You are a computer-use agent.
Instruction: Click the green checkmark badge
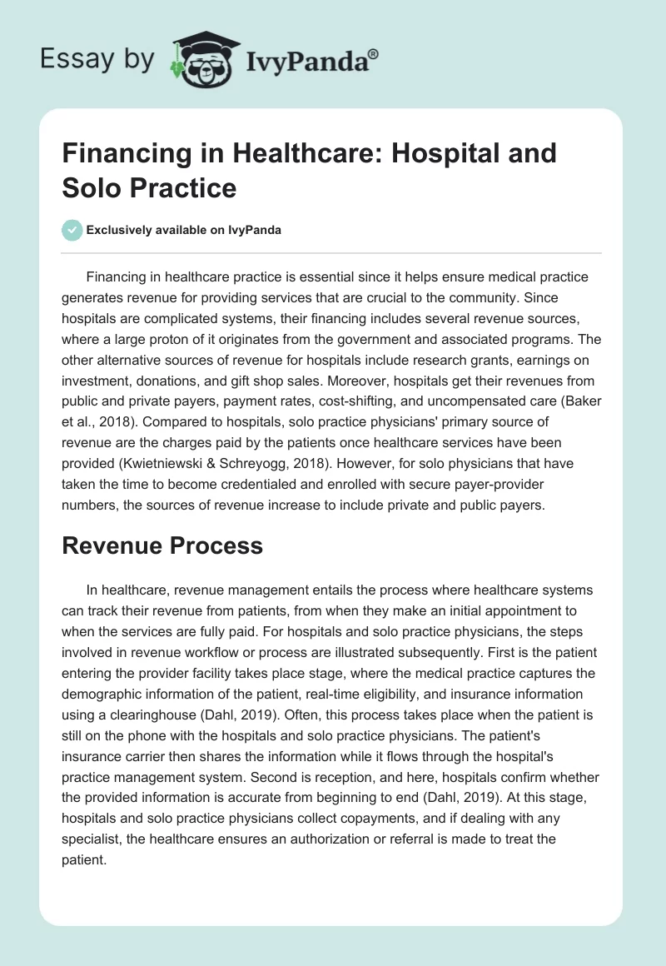point(72,230)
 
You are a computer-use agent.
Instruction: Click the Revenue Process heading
point(162,545)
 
